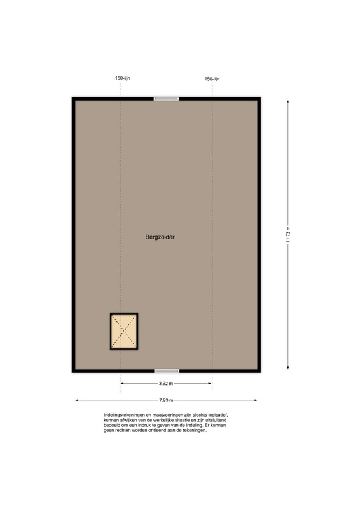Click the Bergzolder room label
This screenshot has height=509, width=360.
[160, 237]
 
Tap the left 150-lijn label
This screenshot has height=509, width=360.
[122, 78]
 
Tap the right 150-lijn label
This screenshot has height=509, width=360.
[212, 78]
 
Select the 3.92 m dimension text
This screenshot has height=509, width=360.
[166, 384]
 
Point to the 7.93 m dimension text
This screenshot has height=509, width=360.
[166, 400]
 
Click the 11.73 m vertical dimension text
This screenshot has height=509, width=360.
[288, 234]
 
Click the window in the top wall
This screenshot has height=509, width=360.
[166, 99]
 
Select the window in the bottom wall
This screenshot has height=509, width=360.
[167, 371]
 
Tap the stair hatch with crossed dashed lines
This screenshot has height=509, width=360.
[124, 331]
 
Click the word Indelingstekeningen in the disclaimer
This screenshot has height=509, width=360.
[124, 415]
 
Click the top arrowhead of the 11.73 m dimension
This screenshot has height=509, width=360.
[288, 102]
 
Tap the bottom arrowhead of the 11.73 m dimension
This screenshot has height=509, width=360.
[288, 368]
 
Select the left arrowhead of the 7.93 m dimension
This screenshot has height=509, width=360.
[77, 400]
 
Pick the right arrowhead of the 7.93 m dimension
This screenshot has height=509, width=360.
[256, 400]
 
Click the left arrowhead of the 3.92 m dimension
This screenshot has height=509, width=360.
[123, 384]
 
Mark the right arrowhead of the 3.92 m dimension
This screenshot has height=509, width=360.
[210, 384]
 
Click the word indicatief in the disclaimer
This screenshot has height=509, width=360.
[218, 415]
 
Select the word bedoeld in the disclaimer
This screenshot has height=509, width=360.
[111, 425]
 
